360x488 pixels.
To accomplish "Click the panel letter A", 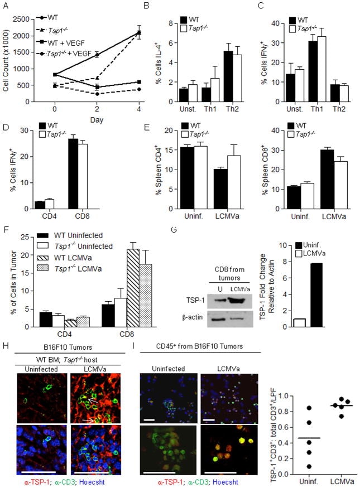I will (x=6, y=7).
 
